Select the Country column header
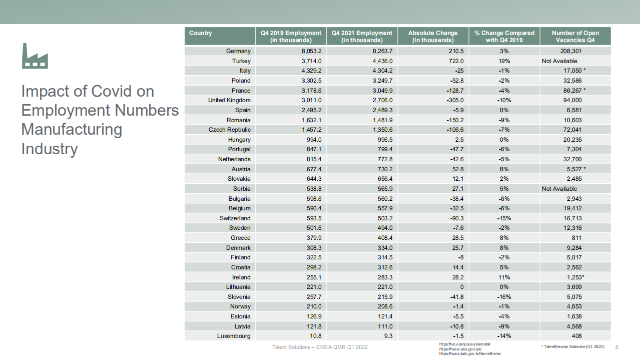201,33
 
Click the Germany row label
238,51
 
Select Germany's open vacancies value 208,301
570,51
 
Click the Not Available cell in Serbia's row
559,189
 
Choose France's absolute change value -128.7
453,91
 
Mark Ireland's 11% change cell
504,277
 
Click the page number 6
616,347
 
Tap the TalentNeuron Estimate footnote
572,346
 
